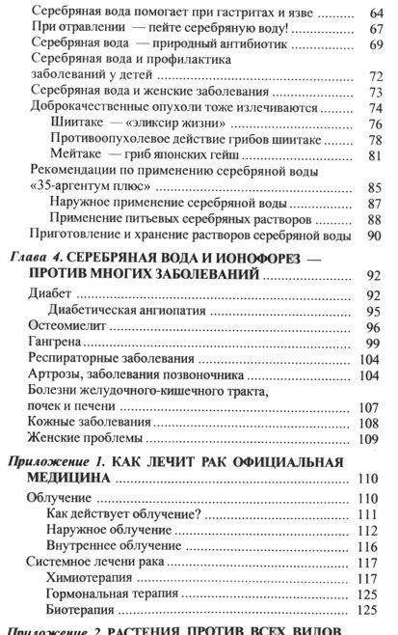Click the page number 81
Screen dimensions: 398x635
tap(376, 156)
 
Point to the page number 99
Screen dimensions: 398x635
tap(376, 345)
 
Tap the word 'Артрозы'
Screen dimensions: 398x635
tap(55, 374)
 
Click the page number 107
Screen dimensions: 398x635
tap(373, 406)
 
